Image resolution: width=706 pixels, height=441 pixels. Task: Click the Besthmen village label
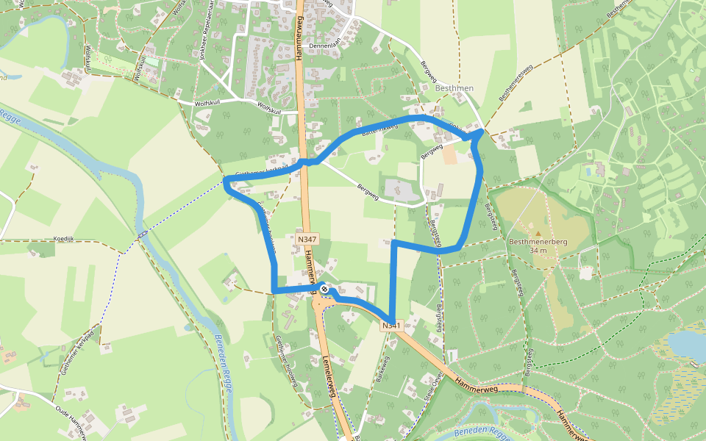[x=454, y=89]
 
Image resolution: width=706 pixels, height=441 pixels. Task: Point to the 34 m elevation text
[x=538, y=250]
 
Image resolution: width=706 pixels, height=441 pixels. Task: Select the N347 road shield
[x=307, y=239]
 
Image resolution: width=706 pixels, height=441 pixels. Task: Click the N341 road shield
[x=391, y=325]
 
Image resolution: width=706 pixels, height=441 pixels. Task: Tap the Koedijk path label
[x=65, y=239]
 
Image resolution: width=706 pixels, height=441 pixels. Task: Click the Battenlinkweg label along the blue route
[x=379, y=130]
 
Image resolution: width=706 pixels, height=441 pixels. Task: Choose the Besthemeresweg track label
[x=516, y=82]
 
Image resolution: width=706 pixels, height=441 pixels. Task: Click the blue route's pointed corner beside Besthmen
[x=482, y=132]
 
